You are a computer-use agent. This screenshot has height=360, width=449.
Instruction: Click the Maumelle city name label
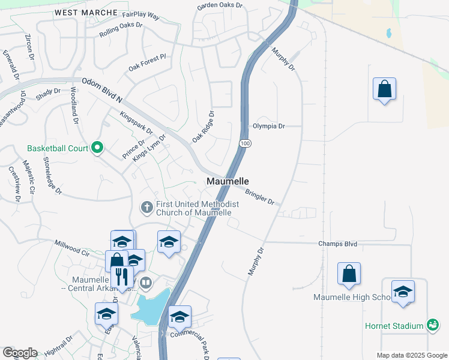pyautogui.click(x=228, y=181)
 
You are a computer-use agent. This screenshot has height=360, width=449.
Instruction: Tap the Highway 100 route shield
pyautogui.click(x=244, y=143)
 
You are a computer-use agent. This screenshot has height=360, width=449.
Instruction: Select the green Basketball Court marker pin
pyautogui.click(x=97, y=148)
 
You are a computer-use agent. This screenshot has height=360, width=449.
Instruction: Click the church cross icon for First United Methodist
pyautogui.click(x=146, y=208)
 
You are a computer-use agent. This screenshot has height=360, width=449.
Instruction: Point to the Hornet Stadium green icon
pyautogui.click(x=432, y=325)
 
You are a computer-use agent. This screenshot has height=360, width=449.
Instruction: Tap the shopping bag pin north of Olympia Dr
pyautogui.click(x=384, y=90)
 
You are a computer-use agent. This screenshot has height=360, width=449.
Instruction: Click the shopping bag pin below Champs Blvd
pyautogui.click(x=349, y=274)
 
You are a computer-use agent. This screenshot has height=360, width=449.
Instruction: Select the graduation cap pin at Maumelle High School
pyautogui.click(x=403, y=292)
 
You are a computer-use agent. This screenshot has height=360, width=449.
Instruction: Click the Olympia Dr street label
pyautogui.click(x=268, y=126)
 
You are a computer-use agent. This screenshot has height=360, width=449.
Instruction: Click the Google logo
pyautogui.click(x=19, y=353)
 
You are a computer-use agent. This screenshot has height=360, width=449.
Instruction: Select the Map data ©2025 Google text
pyautogui.click(x=411, y=355)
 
